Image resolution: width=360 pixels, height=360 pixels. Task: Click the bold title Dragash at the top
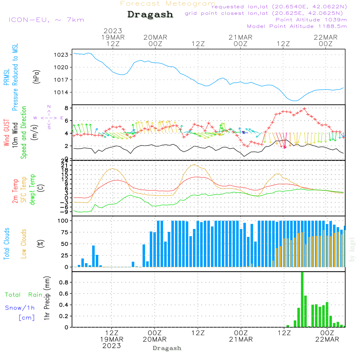150,14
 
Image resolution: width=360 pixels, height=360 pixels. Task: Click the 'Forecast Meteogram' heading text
168,4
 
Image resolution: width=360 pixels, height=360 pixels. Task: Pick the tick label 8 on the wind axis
66,108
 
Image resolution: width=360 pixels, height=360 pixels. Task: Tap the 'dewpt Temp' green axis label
32,190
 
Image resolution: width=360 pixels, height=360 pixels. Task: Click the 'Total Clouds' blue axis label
7,244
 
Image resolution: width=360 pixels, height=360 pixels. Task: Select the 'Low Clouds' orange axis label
24,244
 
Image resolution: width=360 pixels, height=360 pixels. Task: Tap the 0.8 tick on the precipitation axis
64,283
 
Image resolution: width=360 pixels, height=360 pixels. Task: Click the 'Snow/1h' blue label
20,308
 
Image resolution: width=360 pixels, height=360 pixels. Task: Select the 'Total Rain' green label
24,294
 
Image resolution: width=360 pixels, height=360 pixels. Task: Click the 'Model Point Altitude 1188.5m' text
297,26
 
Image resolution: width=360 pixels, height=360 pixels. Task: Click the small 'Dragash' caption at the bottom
167,348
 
